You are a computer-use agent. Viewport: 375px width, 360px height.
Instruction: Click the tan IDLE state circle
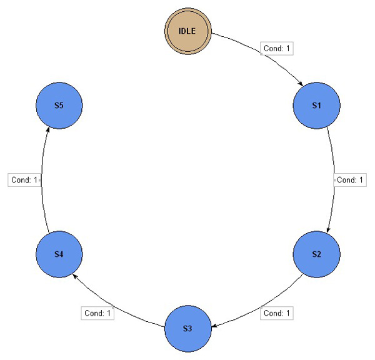click(189, 31)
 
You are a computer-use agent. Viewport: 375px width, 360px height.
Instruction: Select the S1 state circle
click(316, 105)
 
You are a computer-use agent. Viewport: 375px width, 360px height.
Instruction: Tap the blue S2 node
click(316, 254)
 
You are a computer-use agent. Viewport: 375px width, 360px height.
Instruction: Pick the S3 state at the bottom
click(187, 328)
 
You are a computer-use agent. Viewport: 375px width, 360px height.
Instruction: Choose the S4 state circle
click(59, 254)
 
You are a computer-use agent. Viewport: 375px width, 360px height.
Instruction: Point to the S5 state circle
click(59, 105)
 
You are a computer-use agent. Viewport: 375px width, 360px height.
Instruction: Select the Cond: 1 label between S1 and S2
click(350, 179)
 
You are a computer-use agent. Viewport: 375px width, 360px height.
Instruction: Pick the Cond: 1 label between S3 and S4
click(97, 312)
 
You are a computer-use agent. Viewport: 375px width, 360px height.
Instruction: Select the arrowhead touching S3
click(214, 325)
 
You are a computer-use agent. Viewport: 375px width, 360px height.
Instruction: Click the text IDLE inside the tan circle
click(189, 31)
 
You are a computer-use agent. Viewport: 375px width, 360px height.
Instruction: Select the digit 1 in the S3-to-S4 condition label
click(109, 312)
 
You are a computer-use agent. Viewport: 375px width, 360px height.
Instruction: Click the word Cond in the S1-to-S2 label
click(346, 179)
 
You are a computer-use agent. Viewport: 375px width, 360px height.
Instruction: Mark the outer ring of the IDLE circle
click(189, 9)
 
